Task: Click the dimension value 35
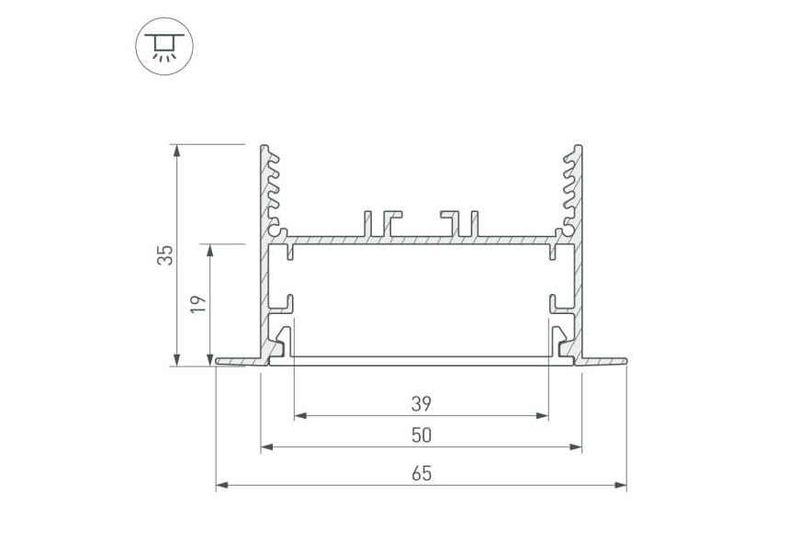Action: coord(165,254)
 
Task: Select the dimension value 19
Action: coord(198,304)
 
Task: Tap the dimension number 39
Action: coord(422,404)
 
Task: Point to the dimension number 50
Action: coord(422,435)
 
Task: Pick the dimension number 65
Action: coord(422,473)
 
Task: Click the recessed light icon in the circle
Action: coord(164,47)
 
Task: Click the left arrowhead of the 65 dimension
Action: coord(221,485)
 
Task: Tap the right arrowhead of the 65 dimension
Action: coord(621,485)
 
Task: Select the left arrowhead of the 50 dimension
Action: coord(267,446)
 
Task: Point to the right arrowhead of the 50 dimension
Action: coord(576,446)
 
